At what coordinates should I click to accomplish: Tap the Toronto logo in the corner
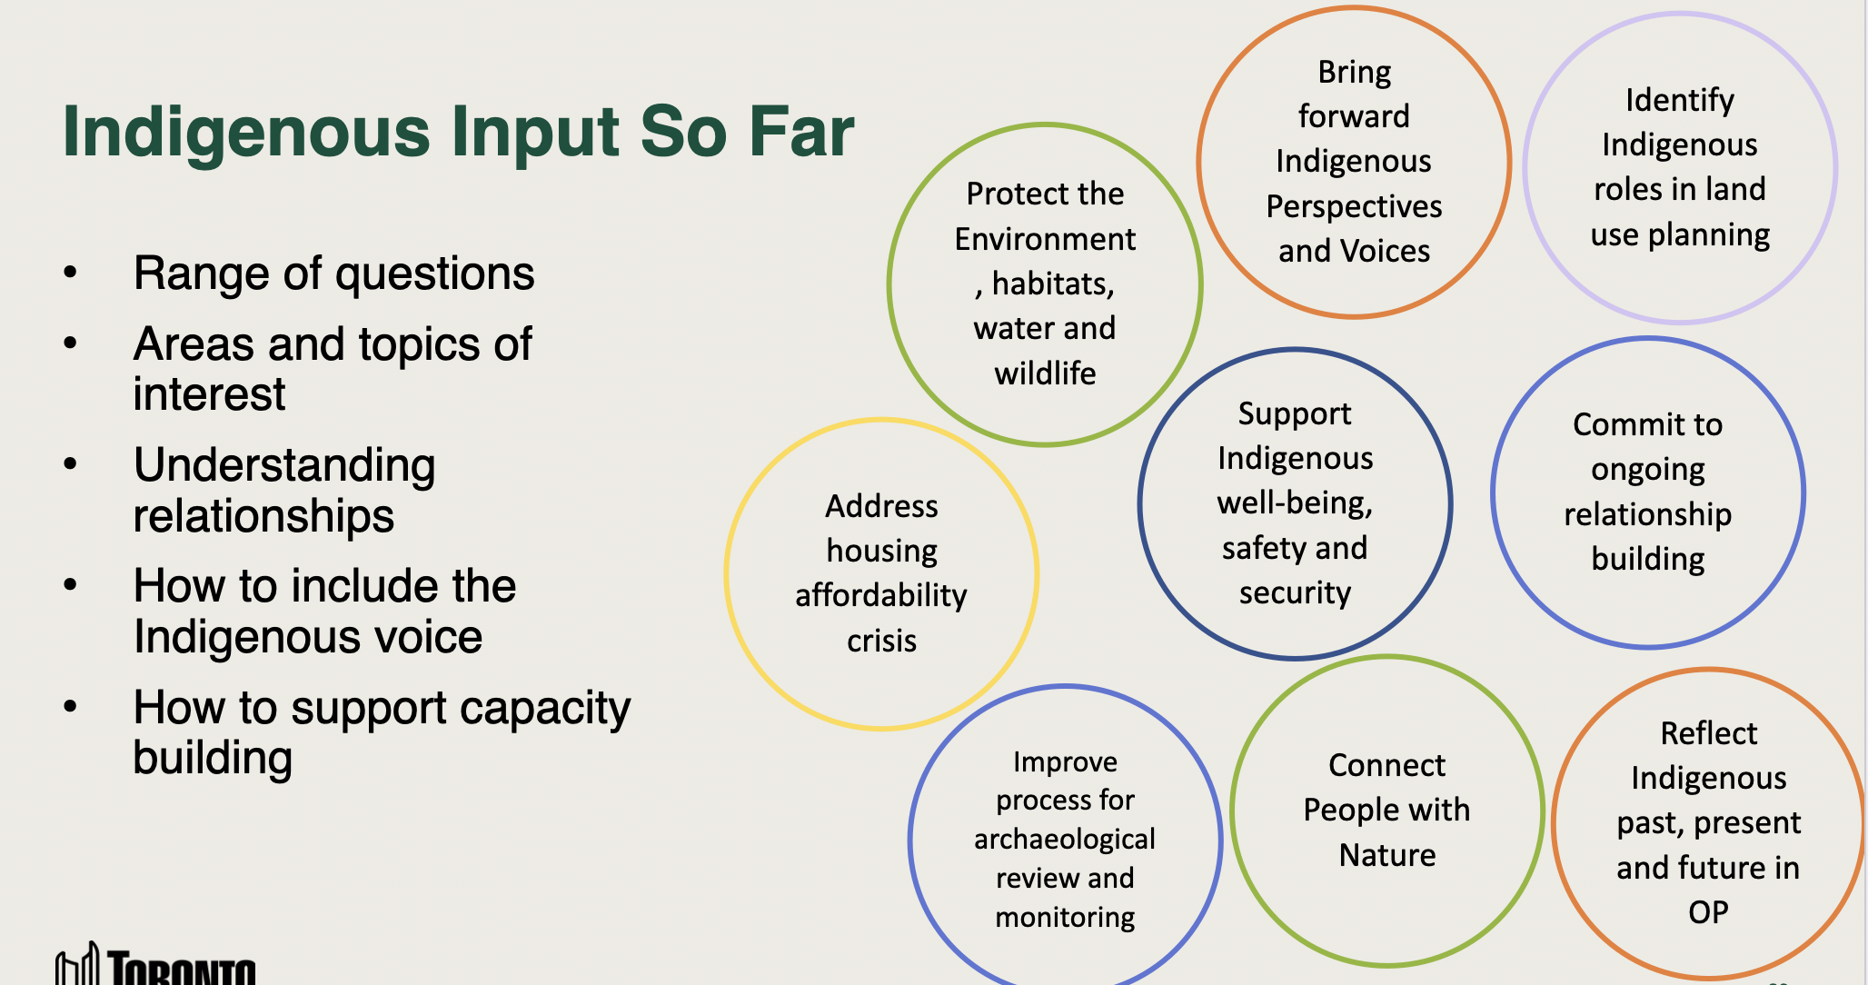(155, 965)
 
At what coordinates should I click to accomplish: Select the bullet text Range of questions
(333, 274)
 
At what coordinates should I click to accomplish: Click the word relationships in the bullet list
(263, 516)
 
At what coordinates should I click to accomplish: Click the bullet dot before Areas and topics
(71, 343)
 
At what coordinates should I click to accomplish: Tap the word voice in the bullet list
(427, 637)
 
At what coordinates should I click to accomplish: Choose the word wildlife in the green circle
(1045, 373)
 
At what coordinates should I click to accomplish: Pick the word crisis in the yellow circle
(881, 641)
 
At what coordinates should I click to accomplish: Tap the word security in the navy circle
(1296, 593)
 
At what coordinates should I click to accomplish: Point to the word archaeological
(1065, 840)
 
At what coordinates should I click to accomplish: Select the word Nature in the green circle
(1387, 855)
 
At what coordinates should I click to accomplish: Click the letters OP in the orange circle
(1708, 911)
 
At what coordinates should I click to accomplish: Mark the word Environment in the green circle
(1045, 239)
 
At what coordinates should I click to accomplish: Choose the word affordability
(881, 595)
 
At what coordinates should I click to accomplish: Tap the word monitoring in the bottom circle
(1065, 918)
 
